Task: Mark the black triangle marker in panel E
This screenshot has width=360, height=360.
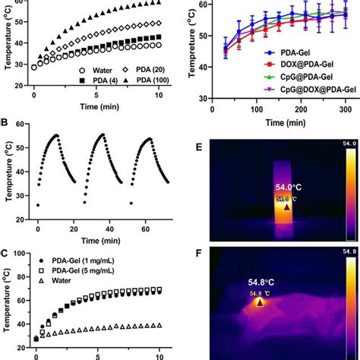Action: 286,207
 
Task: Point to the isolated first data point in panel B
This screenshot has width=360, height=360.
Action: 38,205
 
